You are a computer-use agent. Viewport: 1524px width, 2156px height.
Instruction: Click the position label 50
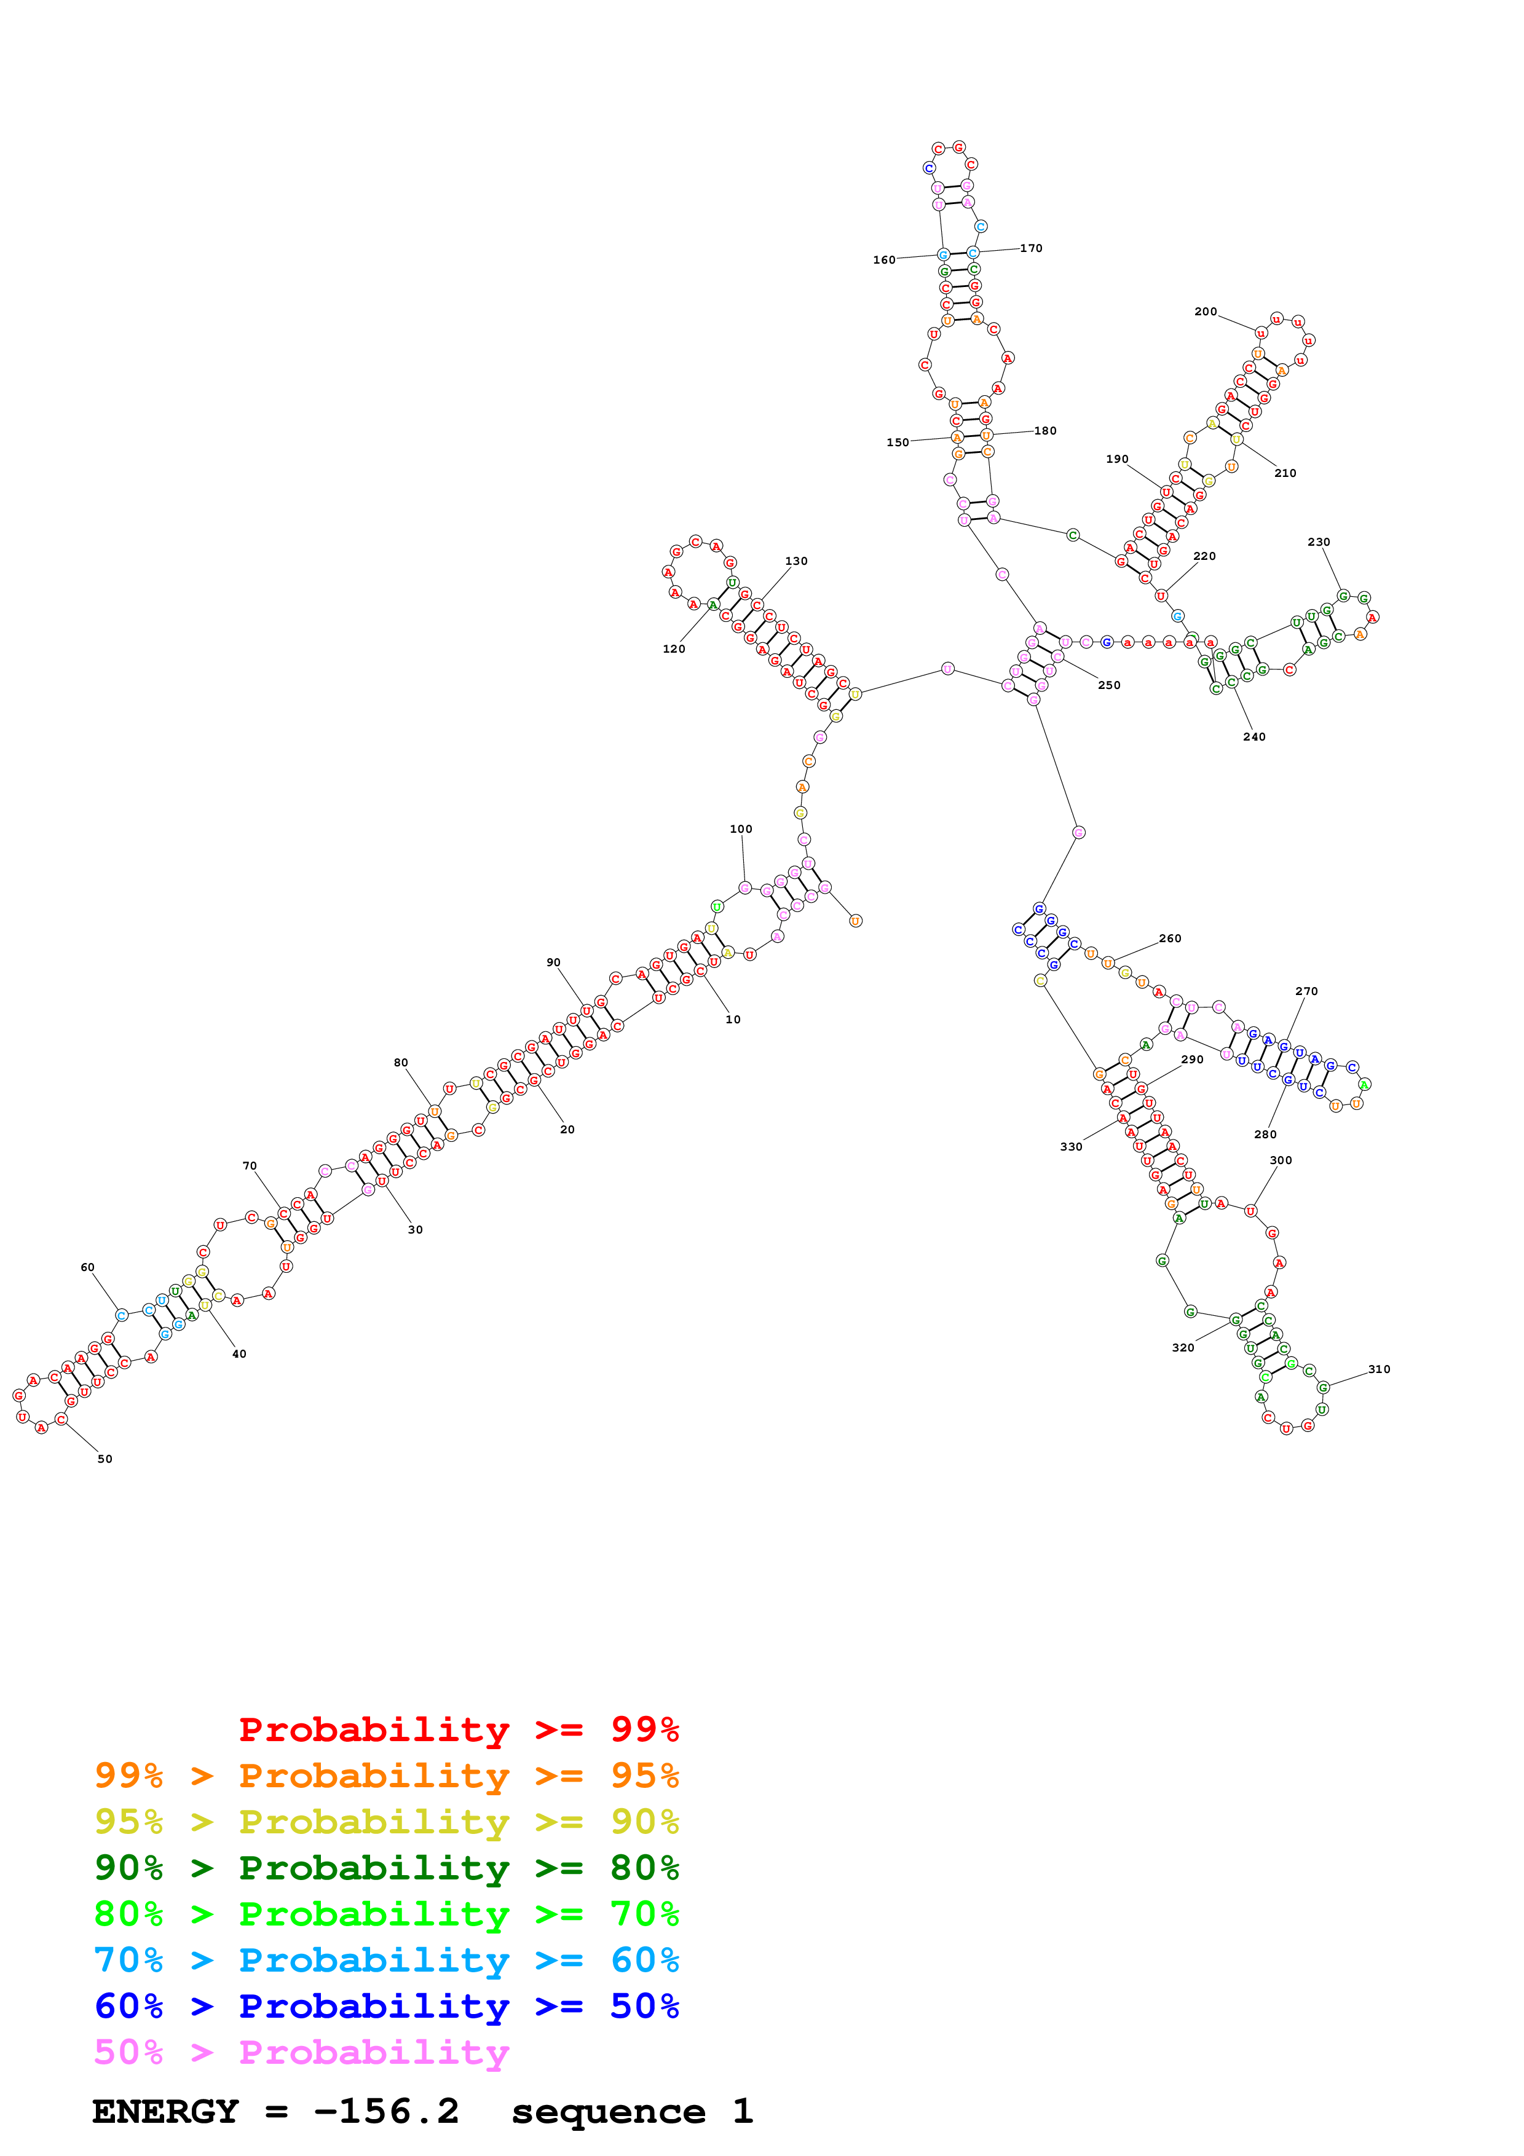pyautogui.click(x=105, y=1458)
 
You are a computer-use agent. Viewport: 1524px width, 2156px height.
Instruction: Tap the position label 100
pyautogui.click(x=741, y=829)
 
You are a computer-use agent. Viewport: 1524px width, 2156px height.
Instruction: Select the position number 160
pyautogui.click(x=883, y=260)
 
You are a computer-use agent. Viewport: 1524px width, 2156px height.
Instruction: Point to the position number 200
pyautogui.click(x=1206, y=312)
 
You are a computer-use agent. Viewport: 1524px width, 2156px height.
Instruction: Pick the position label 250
pyautogui.click(x=1109, y=685)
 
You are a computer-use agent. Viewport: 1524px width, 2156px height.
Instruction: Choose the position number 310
pyautogui.click(x=1378, y=1369)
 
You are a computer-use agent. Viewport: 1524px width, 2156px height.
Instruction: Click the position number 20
pyautogui.click(x=567, y=1130)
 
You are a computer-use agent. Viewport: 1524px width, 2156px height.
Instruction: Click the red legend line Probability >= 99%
pyautogui.click(x=458, y=1729)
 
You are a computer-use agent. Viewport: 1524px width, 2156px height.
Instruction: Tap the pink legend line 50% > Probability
pyautogui.click(x=301, y=2052)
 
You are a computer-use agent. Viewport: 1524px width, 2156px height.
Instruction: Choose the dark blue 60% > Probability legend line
pyautogui.click(x=386, y=2006)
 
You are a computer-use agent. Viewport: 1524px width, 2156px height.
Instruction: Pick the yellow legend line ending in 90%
pyautogui.click(x=386, y=1822)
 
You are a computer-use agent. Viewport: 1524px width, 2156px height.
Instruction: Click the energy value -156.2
pyautogui.click(x=386, y=2111)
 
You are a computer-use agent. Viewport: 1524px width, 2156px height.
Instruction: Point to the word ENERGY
pyautogui.click(x=165, y=2112)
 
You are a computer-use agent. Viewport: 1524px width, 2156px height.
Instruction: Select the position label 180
pyautogui.click(x=1045, y=431)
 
